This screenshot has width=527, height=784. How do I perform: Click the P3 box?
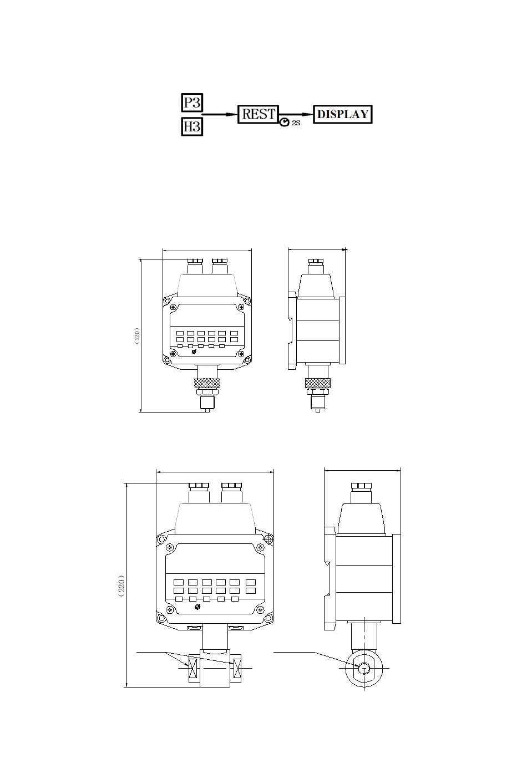tap(192, 103)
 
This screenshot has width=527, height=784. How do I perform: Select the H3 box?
tap(192, 126)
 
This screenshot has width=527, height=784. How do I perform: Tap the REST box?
tap(259, 114)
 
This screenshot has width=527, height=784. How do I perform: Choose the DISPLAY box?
tap(342, 114)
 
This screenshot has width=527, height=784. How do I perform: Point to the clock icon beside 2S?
tap(285, 122)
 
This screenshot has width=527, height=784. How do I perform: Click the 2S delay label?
tap(296, 123)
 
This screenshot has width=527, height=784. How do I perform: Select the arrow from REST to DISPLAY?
tap(296, 114)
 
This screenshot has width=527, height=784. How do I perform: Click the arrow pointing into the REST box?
tap(220, 114)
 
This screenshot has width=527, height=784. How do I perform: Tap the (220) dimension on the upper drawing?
tap(137, 335)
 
